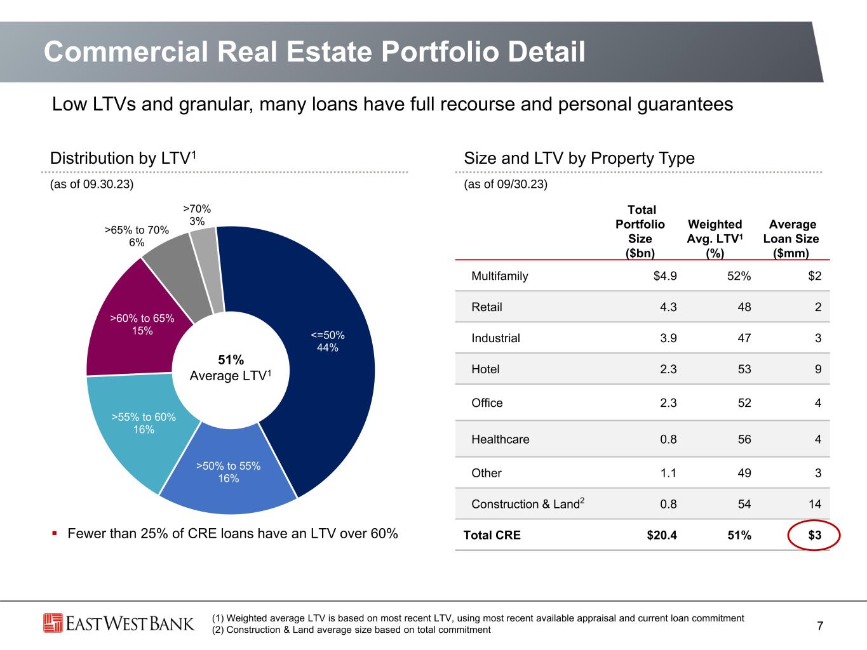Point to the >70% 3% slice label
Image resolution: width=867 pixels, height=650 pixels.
(x=197, y=215)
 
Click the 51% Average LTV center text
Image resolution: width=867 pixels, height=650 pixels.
(x=231, y=368)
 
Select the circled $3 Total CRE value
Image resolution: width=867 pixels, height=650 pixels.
(x=814, y=534)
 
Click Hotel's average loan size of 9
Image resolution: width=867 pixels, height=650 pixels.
(x=818, y=369)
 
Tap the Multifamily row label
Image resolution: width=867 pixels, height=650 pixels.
(x=500, y=276)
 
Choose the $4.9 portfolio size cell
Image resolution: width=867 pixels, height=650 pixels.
(x=665, y=276)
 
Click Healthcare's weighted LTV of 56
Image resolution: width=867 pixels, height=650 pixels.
(x=744, y=439)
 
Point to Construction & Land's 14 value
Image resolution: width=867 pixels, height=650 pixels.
(x=815, y=504)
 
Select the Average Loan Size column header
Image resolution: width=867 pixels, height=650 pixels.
(x=791, y=239)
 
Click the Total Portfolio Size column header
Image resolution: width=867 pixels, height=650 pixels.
(x=640, y=231)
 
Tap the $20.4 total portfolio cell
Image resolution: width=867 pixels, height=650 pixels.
(x=662, y=534)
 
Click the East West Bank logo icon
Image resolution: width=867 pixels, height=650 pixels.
(x=53, y=623)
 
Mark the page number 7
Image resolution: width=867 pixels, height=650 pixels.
(x=820, y=625)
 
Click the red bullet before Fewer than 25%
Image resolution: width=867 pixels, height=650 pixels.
(x=55, y=534)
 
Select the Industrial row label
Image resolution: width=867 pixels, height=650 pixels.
(x=495, y=338)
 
